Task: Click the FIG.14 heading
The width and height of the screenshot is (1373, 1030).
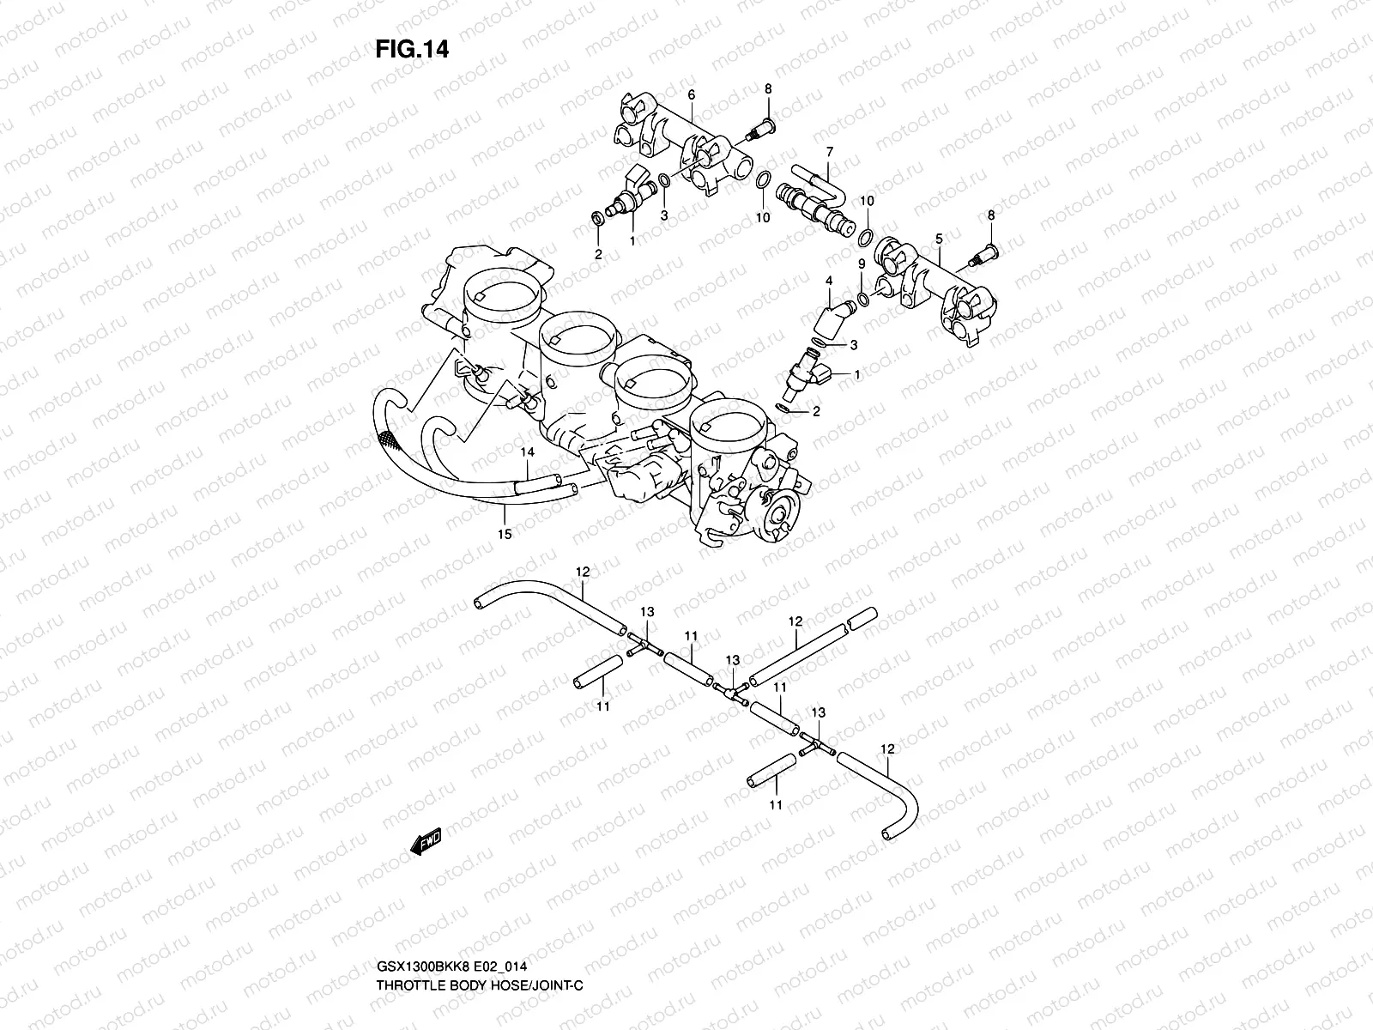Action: click(412, 50)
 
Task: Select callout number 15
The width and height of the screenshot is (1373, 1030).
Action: click(505, 534)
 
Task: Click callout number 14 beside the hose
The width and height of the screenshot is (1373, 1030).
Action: click(527, 451)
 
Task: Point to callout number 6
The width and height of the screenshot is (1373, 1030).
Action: click(691, 94)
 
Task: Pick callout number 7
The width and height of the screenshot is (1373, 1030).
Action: click(829, 152)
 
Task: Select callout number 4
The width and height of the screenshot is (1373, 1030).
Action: click(829, 281)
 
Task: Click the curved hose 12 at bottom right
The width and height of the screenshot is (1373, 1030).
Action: click(897, 790)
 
